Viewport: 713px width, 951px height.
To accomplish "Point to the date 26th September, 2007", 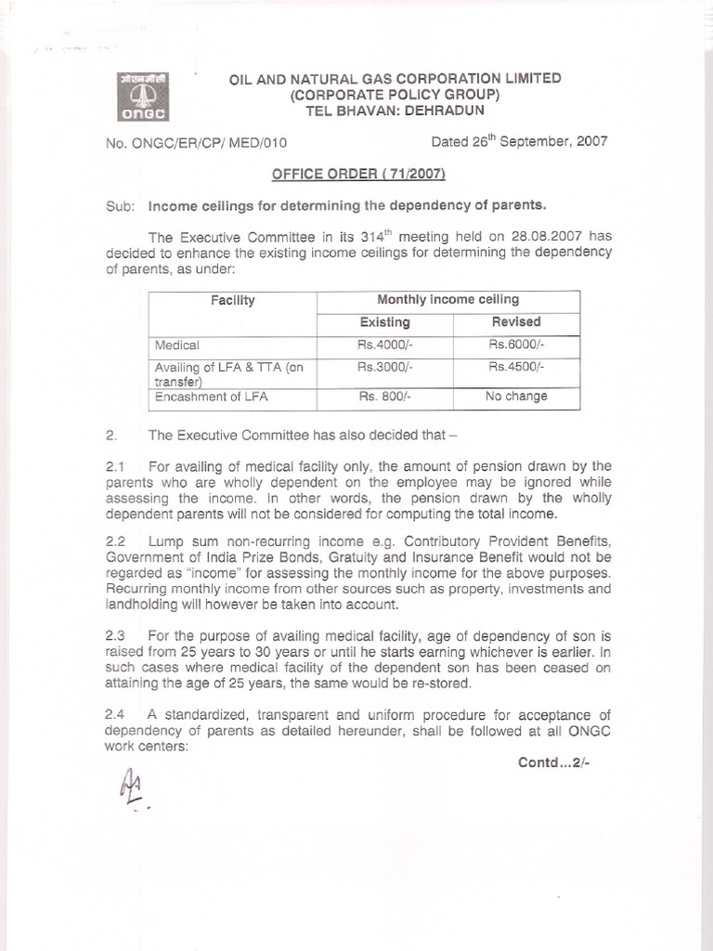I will pyautogui.click(x=519, y=142).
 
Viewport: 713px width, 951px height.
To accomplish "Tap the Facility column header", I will pyautogui.click(x=233, y=300).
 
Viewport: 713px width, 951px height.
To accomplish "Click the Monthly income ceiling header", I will pyautogui.click(x=448, y=299).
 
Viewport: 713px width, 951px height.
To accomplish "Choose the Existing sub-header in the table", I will pyautogui.click(x=384, y=321).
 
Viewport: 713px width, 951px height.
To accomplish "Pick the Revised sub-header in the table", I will pyautogui.click(x=516, y=321).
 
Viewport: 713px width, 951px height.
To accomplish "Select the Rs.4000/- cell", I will pyautogui.click(x=384, y=345).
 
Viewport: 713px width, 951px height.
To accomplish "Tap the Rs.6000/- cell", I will pyautogui.click(x=516, y=345).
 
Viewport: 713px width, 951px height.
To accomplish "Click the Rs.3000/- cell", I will pyautogui.click(x=384, y=367).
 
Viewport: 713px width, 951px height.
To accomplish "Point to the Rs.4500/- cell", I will pyautogui.click(x=516, y=367).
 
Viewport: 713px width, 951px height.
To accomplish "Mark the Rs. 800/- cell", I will pyautogui.click(x=384, y=397).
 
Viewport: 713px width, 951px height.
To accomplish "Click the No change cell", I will pyautogui.click(x=516, y=397).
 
